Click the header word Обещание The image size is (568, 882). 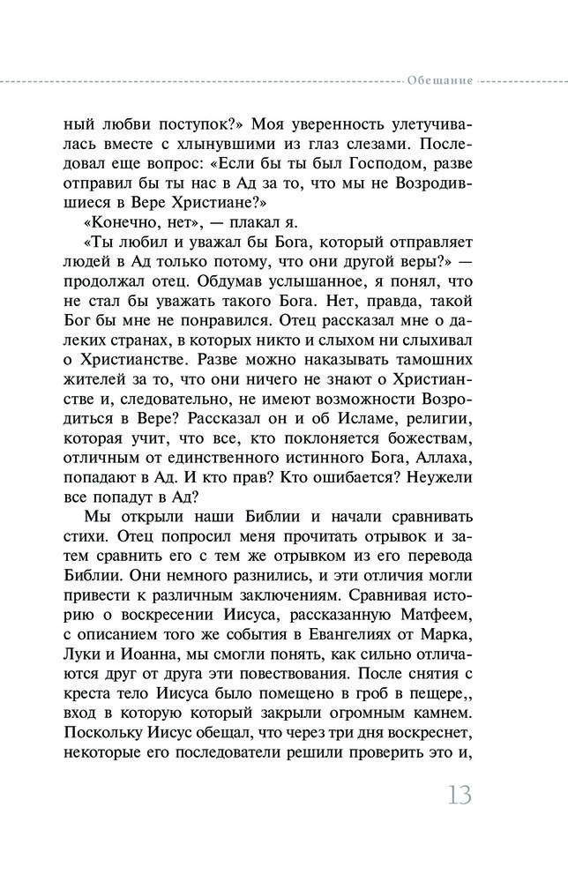(439, 80)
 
